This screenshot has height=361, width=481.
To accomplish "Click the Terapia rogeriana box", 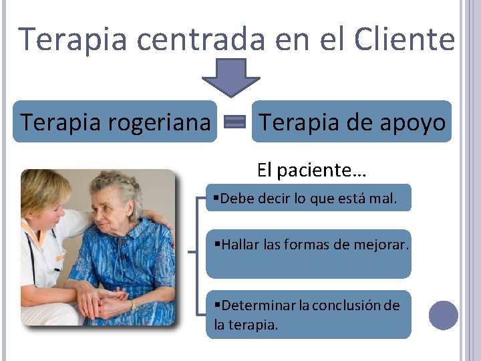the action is coord(115,122).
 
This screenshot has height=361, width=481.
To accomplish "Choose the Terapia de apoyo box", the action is coord(351,122).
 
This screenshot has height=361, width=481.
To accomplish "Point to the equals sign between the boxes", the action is coord(234,122).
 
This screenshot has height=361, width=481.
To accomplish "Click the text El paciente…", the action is coord(311,170).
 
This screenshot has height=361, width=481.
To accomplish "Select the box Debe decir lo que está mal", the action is coord(308,198).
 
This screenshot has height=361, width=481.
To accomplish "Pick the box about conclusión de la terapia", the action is coord(308,314).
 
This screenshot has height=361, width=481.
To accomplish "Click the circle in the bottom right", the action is coord(443,315).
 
